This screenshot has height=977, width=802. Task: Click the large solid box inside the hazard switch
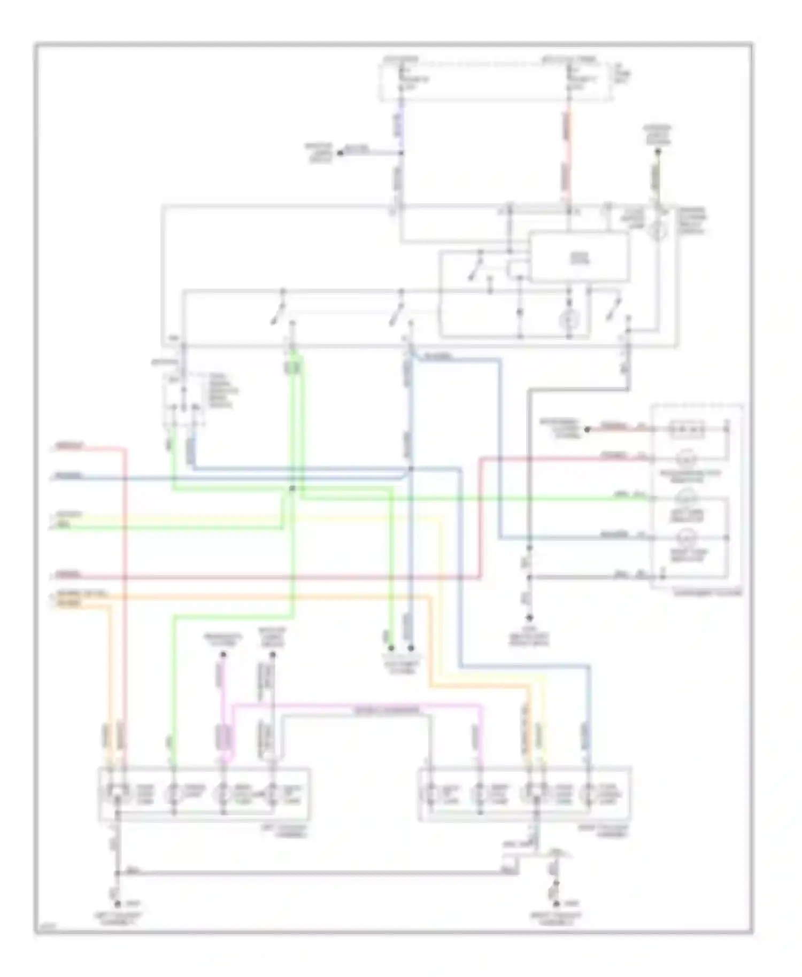[x=579, y=257]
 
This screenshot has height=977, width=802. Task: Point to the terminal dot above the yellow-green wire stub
[x=658, y=151]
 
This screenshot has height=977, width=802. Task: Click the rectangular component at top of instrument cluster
[x=688, y=429]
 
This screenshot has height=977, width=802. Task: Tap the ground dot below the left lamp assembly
[x=118, y=903]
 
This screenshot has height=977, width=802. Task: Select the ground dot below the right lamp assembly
[x=556, y=903]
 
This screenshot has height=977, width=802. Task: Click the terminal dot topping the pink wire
[x=223, y=654]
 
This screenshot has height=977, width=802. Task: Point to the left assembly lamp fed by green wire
[x=174, y=793]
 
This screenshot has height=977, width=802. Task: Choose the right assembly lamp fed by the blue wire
[x=589, y=793]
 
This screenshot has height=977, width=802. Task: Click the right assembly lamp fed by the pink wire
[x=480, y=793]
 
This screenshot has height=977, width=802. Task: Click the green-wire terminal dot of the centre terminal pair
[x=392, y=649]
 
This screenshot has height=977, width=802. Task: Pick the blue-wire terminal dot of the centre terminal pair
[x=411, y=649]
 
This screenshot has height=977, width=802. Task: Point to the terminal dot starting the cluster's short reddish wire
[x=587, y=429]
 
